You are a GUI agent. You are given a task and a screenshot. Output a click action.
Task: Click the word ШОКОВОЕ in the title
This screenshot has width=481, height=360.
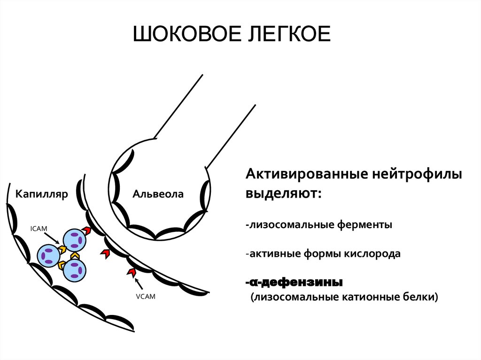[184, 36]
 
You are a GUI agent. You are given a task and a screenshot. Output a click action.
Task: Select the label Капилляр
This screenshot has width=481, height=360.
[42, 194]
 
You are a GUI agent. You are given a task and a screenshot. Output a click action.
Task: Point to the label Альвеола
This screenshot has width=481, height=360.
[158, 194]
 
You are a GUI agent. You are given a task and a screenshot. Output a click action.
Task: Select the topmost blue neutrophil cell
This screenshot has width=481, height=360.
[75, 240]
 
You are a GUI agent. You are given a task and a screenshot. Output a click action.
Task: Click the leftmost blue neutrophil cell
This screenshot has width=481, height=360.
[48, 256]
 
